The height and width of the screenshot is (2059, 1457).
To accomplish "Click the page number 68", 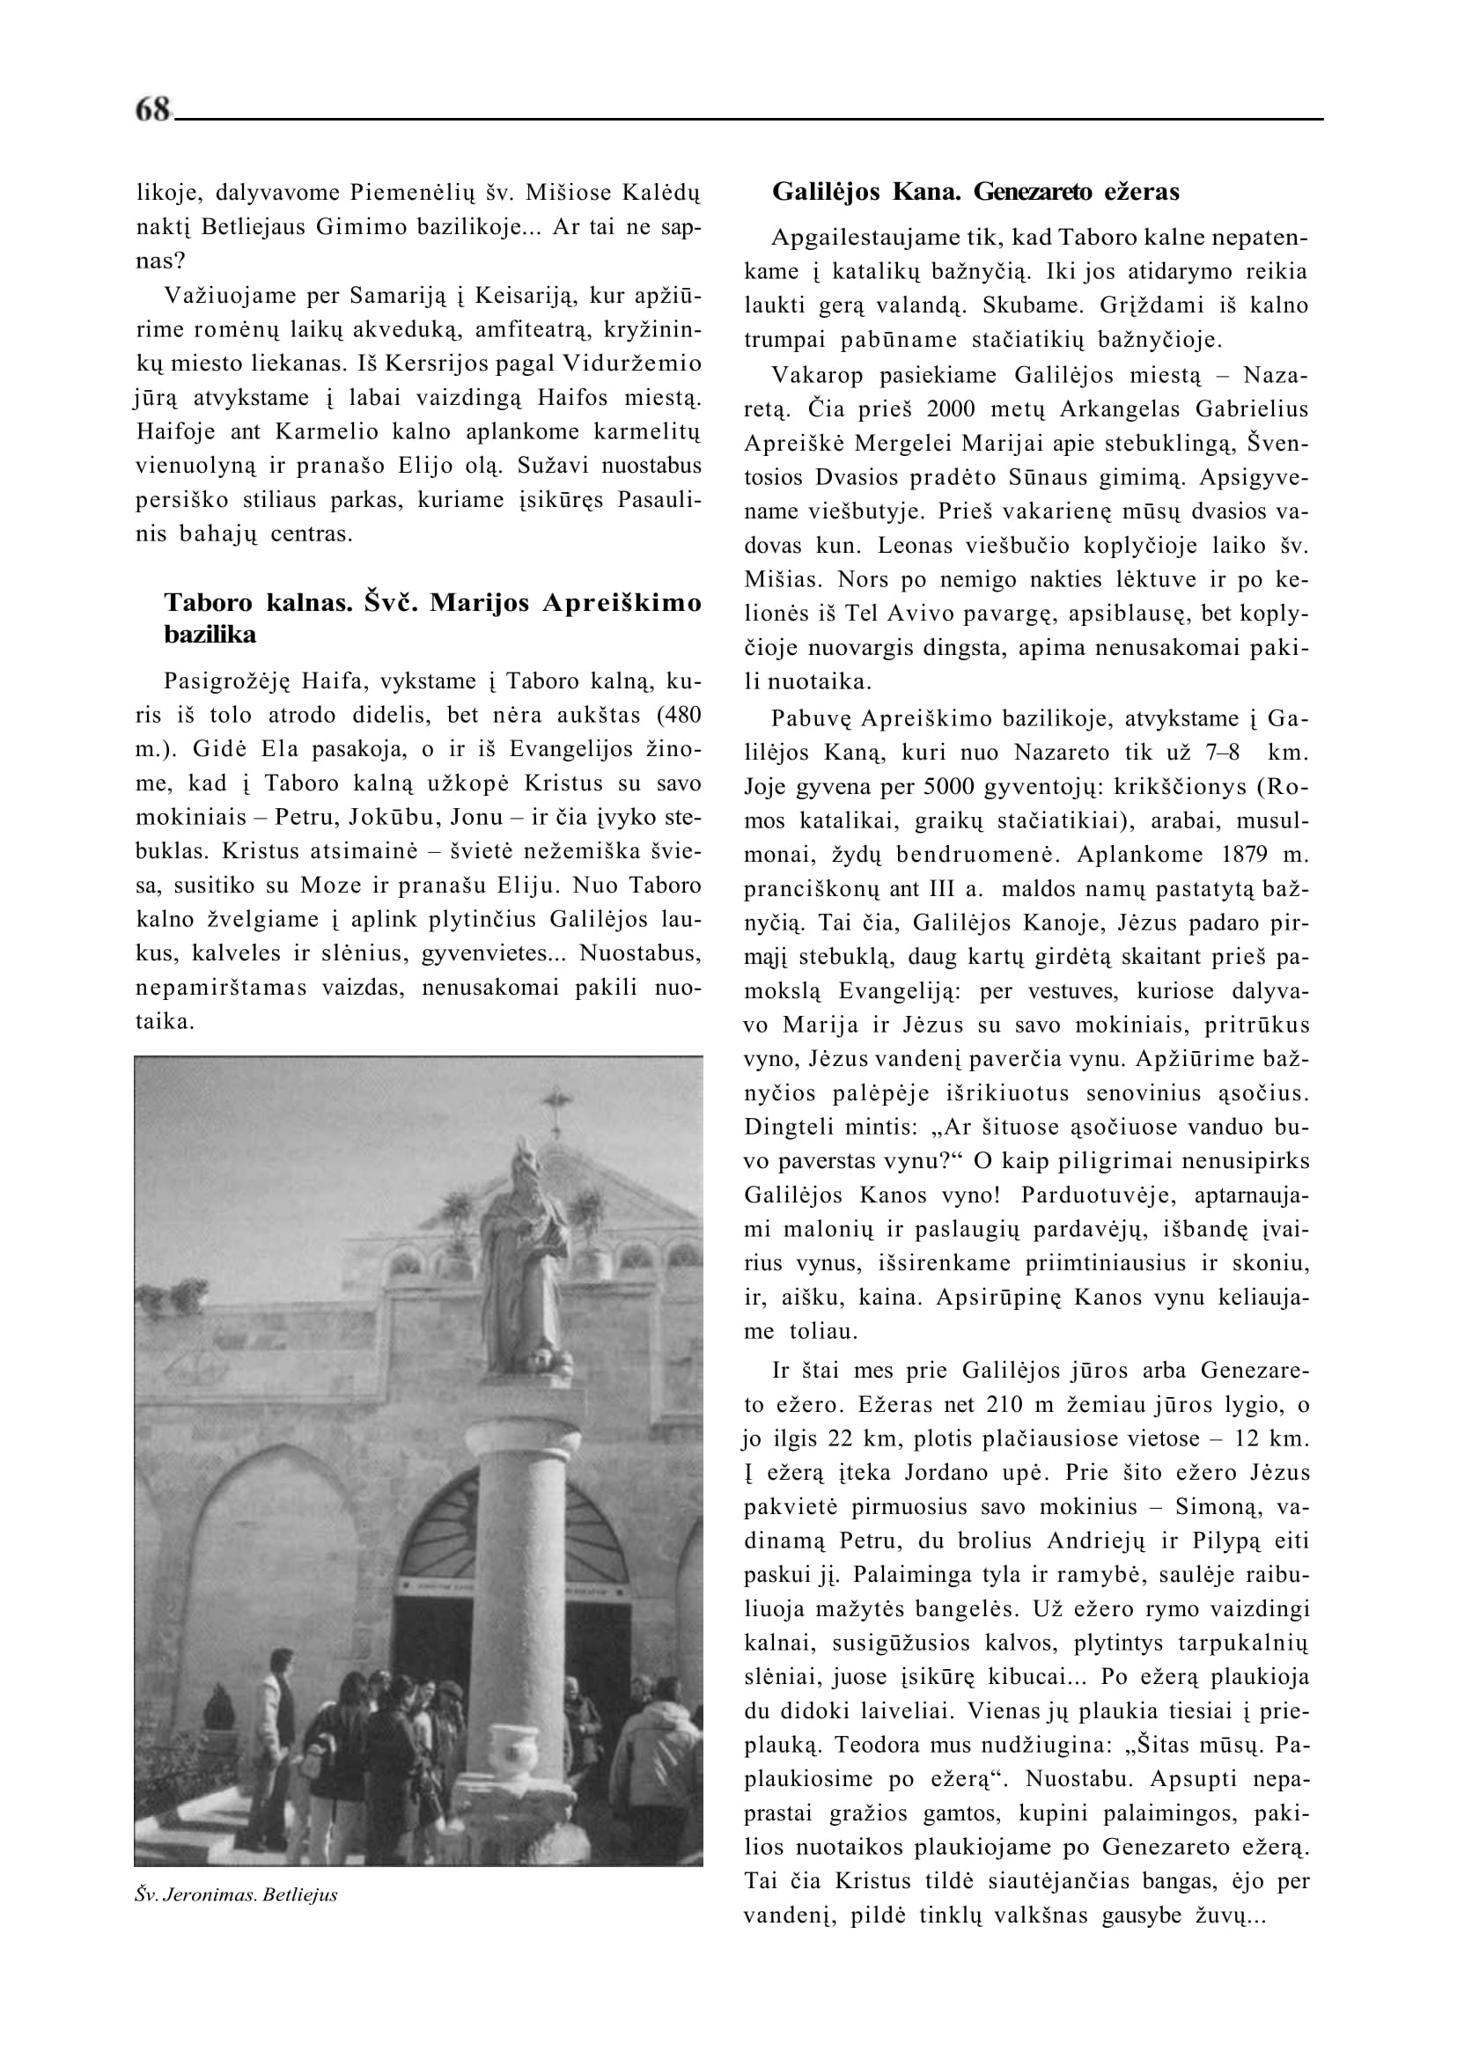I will tap(152, 109).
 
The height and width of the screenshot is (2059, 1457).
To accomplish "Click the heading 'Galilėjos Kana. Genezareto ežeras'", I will tap(976, 192).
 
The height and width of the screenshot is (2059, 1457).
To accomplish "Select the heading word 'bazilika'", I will tap(210, 636).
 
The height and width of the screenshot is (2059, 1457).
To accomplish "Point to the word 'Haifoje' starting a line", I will tap(173, 431).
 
